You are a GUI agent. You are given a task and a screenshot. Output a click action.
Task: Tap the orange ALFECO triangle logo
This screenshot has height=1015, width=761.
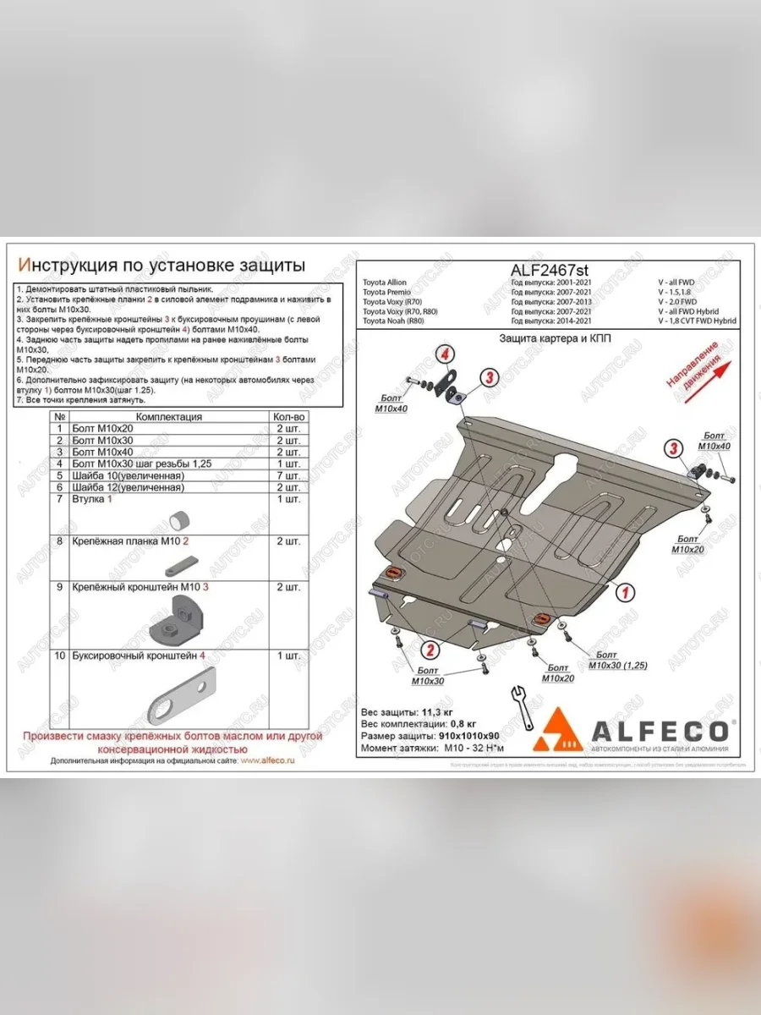pos(556,730)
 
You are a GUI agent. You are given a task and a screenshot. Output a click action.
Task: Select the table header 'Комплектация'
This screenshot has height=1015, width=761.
pos(169,417)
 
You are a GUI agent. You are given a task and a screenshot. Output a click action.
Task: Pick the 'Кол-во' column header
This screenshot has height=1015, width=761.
pos(288,417)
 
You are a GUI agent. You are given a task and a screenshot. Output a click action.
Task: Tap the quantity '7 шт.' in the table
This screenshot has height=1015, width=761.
pos(288,475)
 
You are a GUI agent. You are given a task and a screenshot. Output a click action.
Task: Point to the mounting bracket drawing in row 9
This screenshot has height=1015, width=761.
pos(178,621)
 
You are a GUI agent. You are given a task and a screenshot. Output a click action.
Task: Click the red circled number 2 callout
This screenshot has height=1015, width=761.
pos(430,650)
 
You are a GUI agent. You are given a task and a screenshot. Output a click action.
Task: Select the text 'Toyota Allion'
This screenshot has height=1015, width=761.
pos(384,283)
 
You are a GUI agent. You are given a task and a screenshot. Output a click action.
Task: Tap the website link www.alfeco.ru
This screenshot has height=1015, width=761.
pos(267,761)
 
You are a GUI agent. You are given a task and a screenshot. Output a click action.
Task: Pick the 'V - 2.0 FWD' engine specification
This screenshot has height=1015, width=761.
pos(677,301)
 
